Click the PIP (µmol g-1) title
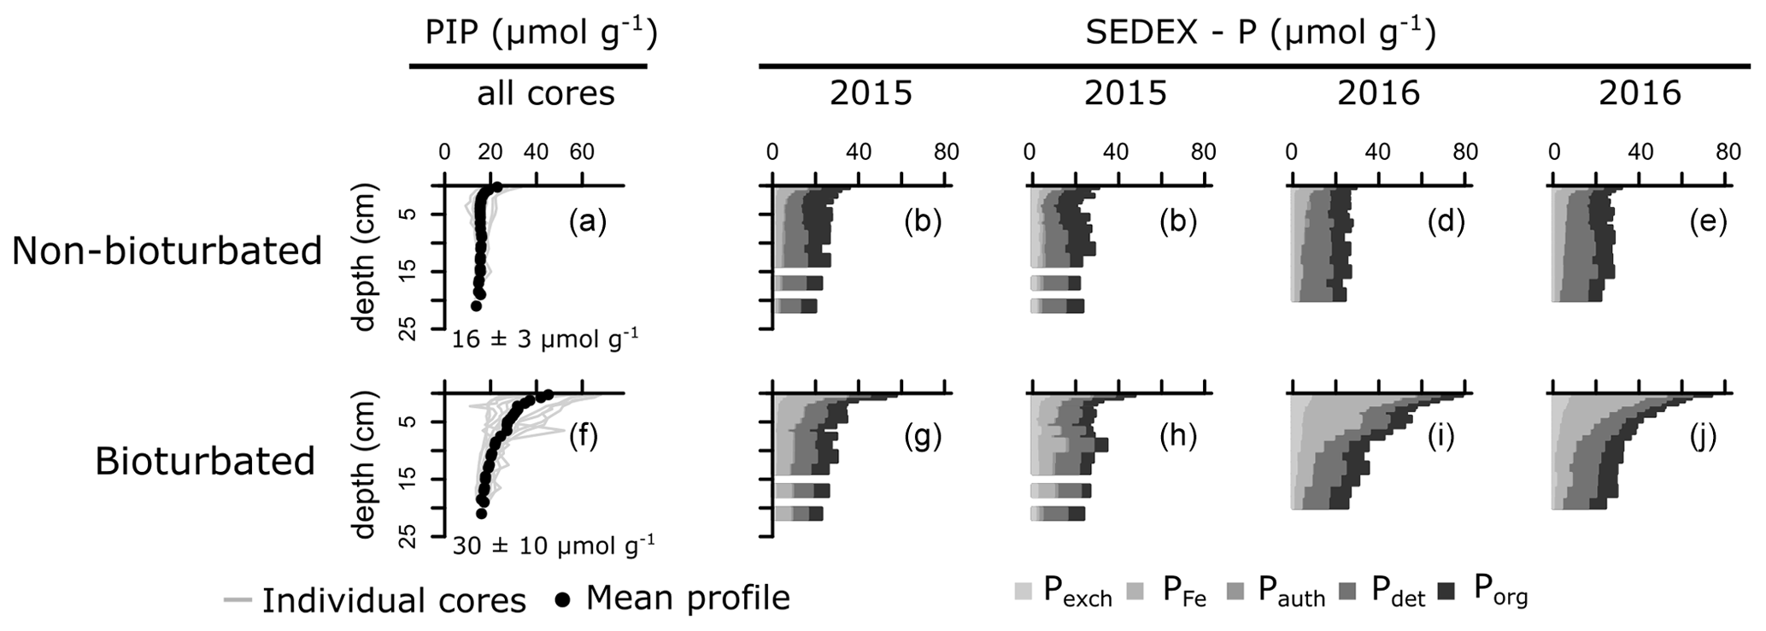pos(541,32)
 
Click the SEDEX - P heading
pos(1259,32)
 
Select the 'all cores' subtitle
pos(545,92)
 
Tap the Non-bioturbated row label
pos(167,251)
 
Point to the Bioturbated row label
pos(205,461)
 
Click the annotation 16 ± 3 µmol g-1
pos(544,339)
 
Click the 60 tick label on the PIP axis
pos(582,152)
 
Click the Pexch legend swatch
pos(1023,591)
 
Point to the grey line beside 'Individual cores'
pos(237,600)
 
